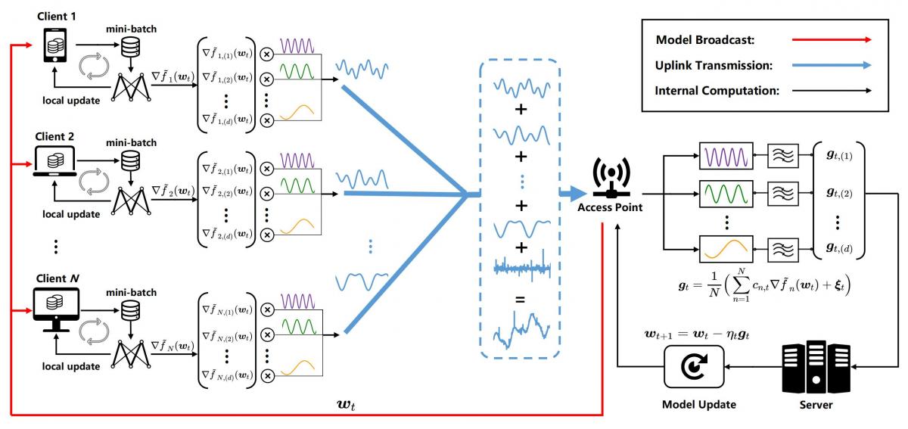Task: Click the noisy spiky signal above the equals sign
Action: click(x=521, y=266)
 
